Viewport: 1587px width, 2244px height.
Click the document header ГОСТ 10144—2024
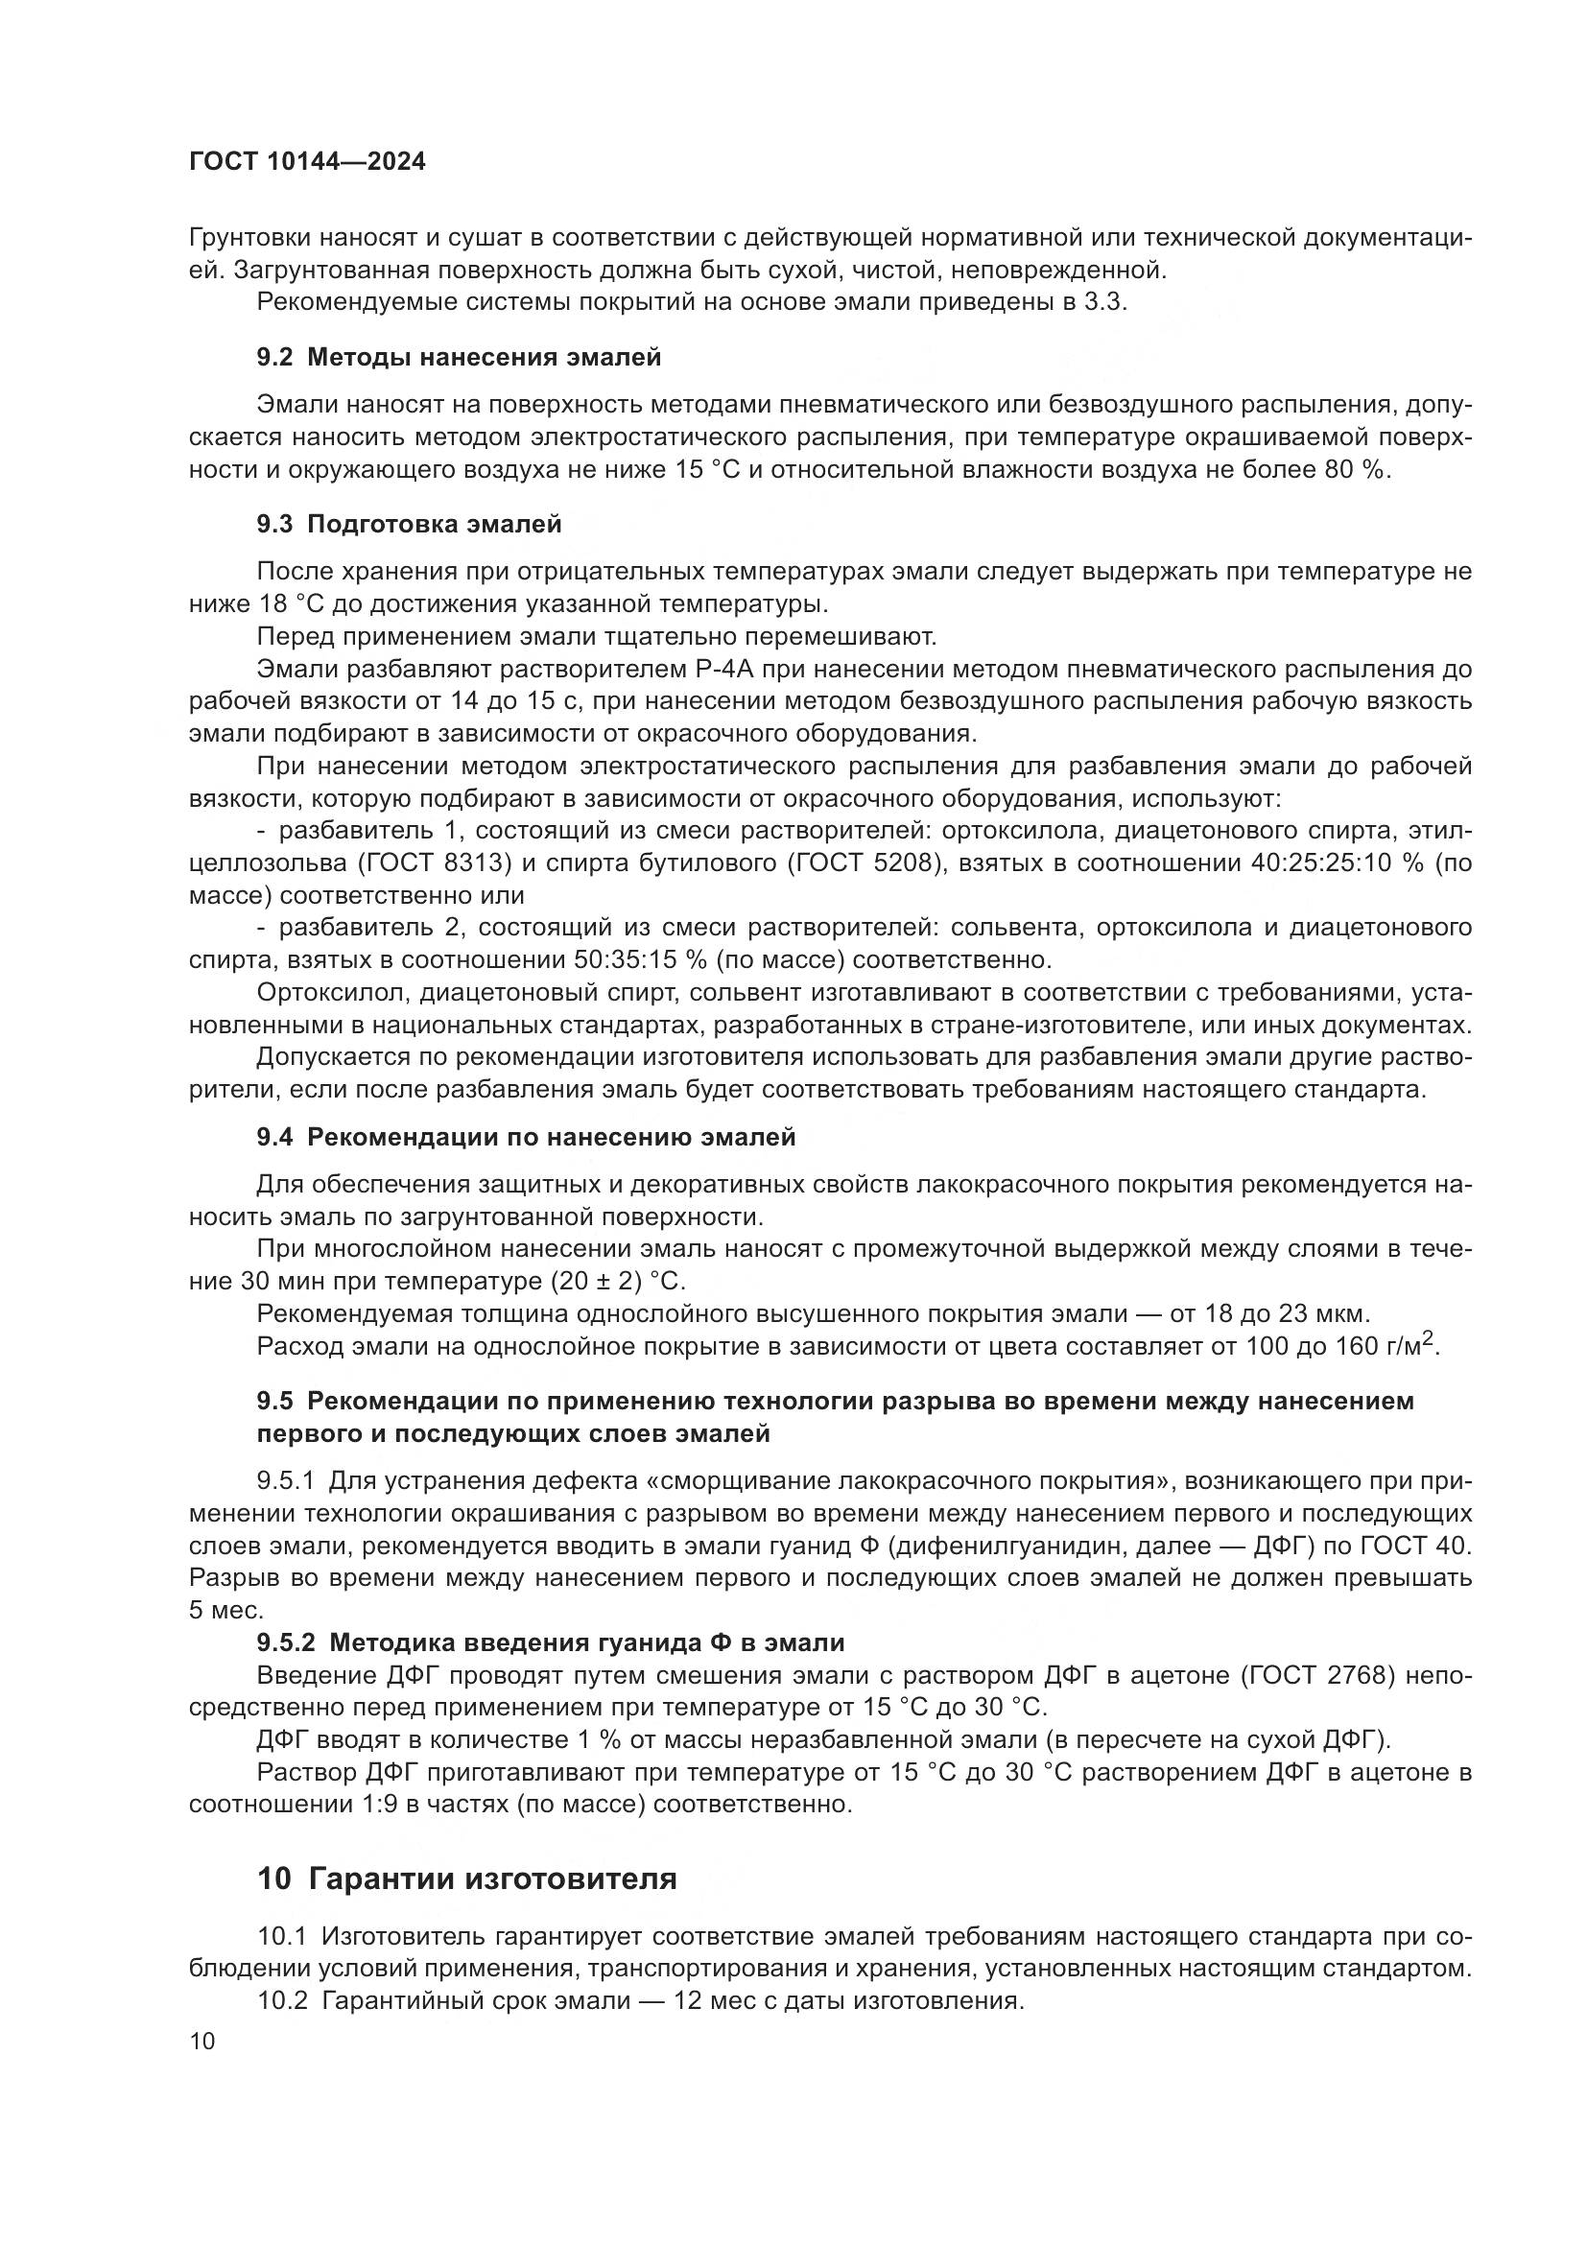pyautogui.click(x=307, y=161)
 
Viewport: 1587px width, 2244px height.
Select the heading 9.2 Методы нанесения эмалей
pyautogui.click(x=459, y=357)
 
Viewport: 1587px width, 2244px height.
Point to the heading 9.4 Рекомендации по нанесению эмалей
pyautogui.click(x=526, y=1137)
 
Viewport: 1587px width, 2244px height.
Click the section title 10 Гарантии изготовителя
pyautogui.click(x=467, y=1878)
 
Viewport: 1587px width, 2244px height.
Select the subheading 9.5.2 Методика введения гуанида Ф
pyautogui.click(x=550, y=1642)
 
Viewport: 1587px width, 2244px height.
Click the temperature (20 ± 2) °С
pyautogui.click(x=618, y=1281)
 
